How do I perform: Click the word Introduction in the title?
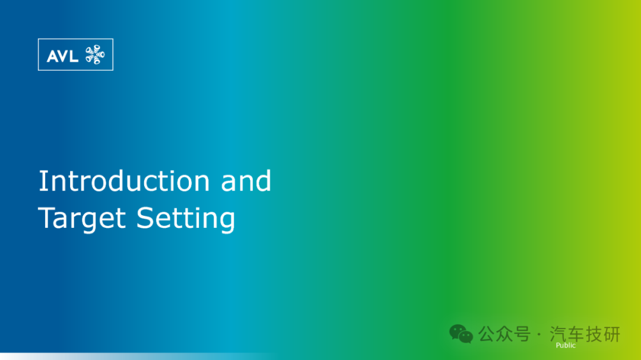click(124, 181)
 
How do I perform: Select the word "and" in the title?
click(246, 181)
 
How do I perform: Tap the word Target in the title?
click(82, 219)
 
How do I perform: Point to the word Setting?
click(186, 219)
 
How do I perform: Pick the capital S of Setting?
click(145, 218)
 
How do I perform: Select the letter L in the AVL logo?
click(74, 56)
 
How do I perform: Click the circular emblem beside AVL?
click(95, 55)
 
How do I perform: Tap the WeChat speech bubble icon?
click(461, 334)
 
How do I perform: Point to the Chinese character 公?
click(487, 334)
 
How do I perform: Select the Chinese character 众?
click(505, 334)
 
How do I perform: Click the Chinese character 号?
click(522, 334)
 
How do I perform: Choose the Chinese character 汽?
click(559, 334)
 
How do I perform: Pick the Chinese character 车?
click(576, 334)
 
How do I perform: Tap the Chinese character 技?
click(594, 334)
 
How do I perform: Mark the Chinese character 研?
click(612, 334)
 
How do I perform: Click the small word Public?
click(566, 345)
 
